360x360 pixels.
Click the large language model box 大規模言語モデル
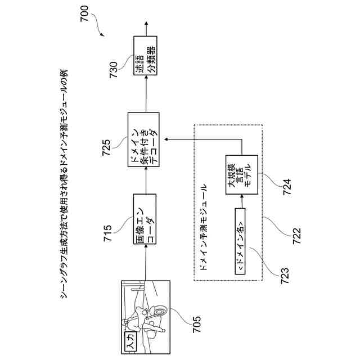pyautogui.click(x=241, y=174)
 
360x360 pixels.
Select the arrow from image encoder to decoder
pyautogui.click(x=145, y=181)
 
